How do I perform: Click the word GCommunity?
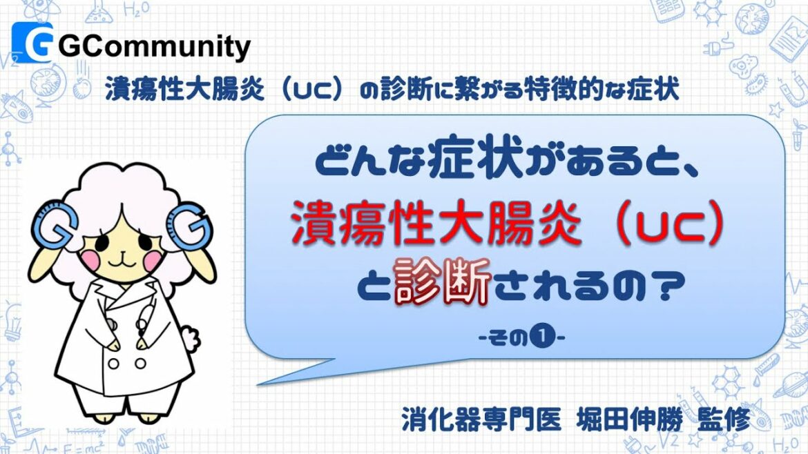154,48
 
